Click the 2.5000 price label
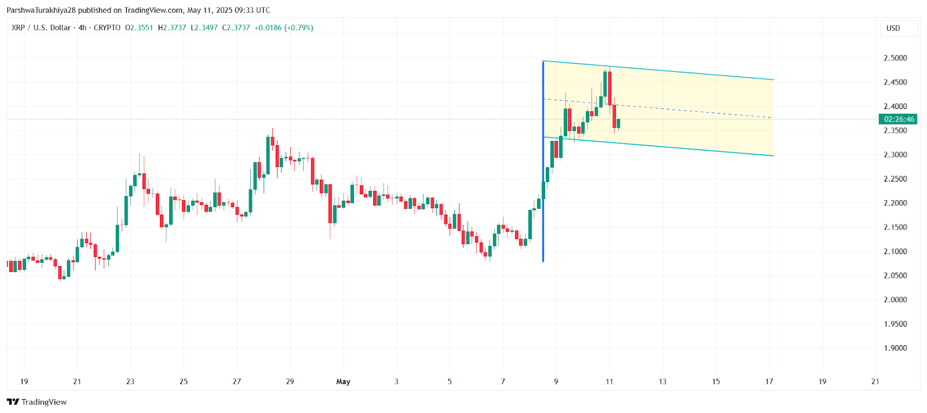pyautogui.click(x=895, y=58)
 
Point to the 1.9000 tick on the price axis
pyautogui.click(x=895, y=348)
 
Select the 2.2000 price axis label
pyautogui.click(x=895, y=203)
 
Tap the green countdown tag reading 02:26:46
pyautogui.click(x=898, y=119)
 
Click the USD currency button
pyautogui.click(x=893, y=28)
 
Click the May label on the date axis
pyautogui.click(x=343, y=382)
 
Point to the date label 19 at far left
pyautogui.click(x=24, y=382)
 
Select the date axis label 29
pyautogui.click(x=290, y=382)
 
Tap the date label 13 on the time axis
pyautogui.click(x=662, y=382)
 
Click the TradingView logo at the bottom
pyautogui.click(x=37, y=402)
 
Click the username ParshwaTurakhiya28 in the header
pyautogui.click(x=41, y=10)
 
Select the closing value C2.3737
pyautogui.click(x=236, y=28)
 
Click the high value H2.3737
pyautogui.click(x=172, y=28)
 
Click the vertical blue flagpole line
pyautogui.click(x=543, y=174)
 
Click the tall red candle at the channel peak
pyautogui.click(x=610, y=87)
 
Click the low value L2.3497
pyautogui.click(x=205, y=28)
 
